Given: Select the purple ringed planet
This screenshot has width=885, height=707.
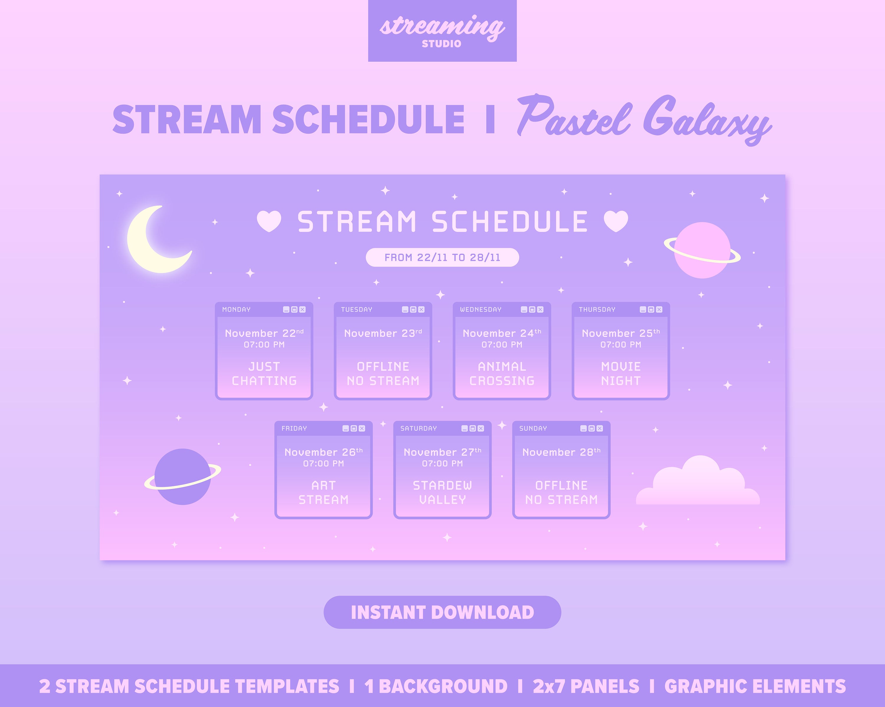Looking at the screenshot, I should coord(183,477).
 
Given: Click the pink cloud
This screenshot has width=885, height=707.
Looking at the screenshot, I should coord(698,485).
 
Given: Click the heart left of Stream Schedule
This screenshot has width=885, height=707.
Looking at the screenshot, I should coord(269,221).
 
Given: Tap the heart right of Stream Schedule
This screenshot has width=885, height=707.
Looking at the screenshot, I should coord(616,221).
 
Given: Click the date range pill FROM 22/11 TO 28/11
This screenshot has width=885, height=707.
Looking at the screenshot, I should coord(442,257).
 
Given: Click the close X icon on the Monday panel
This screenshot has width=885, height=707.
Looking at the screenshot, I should coord(303,310).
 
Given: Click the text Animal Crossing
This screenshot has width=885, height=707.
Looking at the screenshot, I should coord(501,374).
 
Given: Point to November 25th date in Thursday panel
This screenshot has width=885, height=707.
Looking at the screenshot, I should coord(620,333).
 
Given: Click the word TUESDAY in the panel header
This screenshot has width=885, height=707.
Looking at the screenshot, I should coord(356,310).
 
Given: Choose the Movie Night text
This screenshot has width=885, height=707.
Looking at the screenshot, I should coord(620,374).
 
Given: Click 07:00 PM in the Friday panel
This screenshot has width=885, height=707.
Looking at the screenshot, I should coord(323,464).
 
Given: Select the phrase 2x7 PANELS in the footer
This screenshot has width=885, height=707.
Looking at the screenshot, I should coord(586,686).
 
